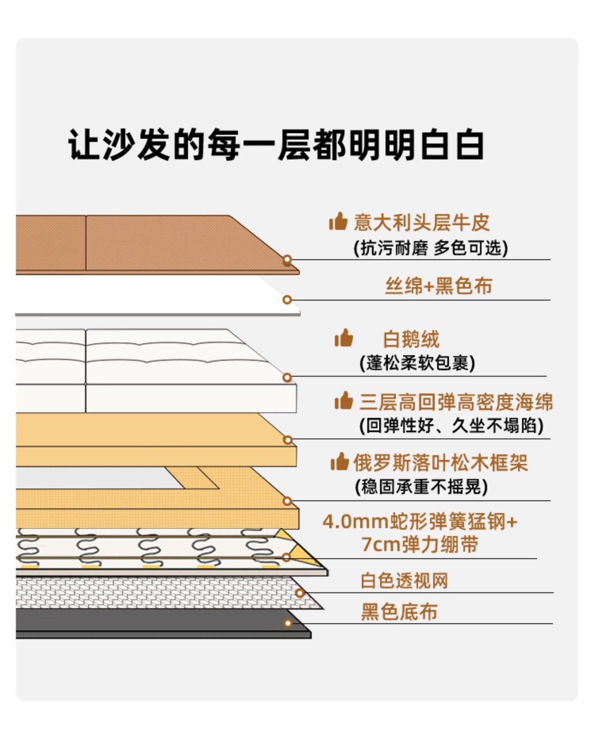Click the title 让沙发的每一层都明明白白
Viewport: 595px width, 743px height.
[x=276, y=145]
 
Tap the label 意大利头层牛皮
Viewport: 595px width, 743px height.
[x=421, y=223]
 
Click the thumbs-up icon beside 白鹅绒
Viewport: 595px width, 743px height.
[x=344, y=339]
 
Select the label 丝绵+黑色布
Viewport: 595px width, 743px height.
[x=438, y=286]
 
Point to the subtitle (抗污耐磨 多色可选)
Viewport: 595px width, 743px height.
[x=430, y=248]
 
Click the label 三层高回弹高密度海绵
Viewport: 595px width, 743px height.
[x=456, y=402]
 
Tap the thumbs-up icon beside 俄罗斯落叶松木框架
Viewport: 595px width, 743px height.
[x=340, y=462]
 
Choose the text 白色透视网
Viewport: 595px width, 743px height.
[x=404, y=580]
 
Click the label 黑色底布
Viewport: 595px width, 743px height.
[x=399, y=612]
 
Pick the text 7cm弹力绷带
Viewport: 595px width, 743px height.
[x=419, y=545]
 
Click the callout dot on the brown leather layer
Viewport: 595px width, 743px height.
[x=287, y=260]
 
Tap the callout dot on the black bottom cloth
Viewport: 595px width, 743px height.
[x=288, y=623]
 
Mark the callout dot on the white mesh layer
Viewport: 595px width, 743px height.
[x=299, y=593]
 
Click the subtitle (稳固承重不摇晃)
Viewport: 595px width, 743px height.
[x=421, y=487]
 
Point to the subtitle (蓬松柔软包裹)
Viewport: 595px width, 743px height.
[x=417, y=363]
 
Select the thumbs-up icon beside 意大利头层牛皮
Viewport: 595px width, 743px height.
[x=338, y=222]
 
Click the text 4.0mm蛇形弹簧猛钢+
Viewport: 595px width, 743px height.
[x=420, y=522]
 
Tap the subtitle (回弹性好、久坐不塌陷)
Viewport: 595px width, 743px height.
[x=451, y=426]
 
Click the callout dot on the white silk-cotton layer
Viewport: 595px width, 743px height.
[x=287, y=300]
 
